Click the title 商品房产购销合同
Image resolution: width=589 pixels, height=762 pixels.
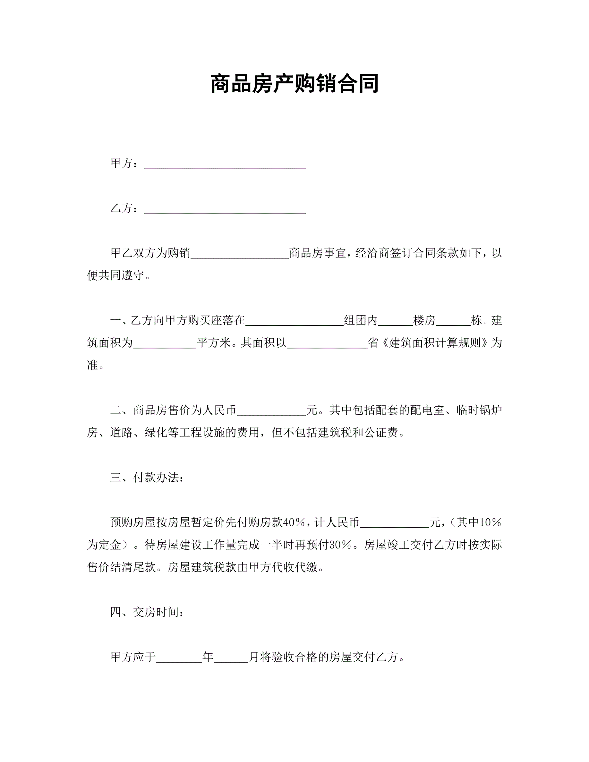pos(294,84)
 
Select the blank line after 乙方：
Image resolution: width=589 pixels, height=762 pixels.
pos(225,209)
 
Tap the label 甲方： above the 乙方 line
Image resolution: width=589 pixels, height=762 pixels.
pos(124,163)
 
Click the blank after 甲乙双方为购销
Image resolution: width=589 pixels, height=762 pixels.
pos(240,254)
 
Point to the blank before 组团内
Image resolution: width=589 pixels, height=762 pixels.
pos(294,321)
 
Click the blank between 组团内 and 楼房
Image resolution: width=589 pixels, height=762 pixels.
pos(395,321)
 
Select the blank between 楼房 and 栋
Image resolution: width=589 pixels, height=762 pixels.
pos(453,321)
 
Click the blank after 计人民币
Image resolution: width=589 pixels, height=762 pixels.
pos(395,524)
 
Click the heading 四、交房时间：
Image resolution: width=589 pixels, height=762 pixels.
pos(147,612)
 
